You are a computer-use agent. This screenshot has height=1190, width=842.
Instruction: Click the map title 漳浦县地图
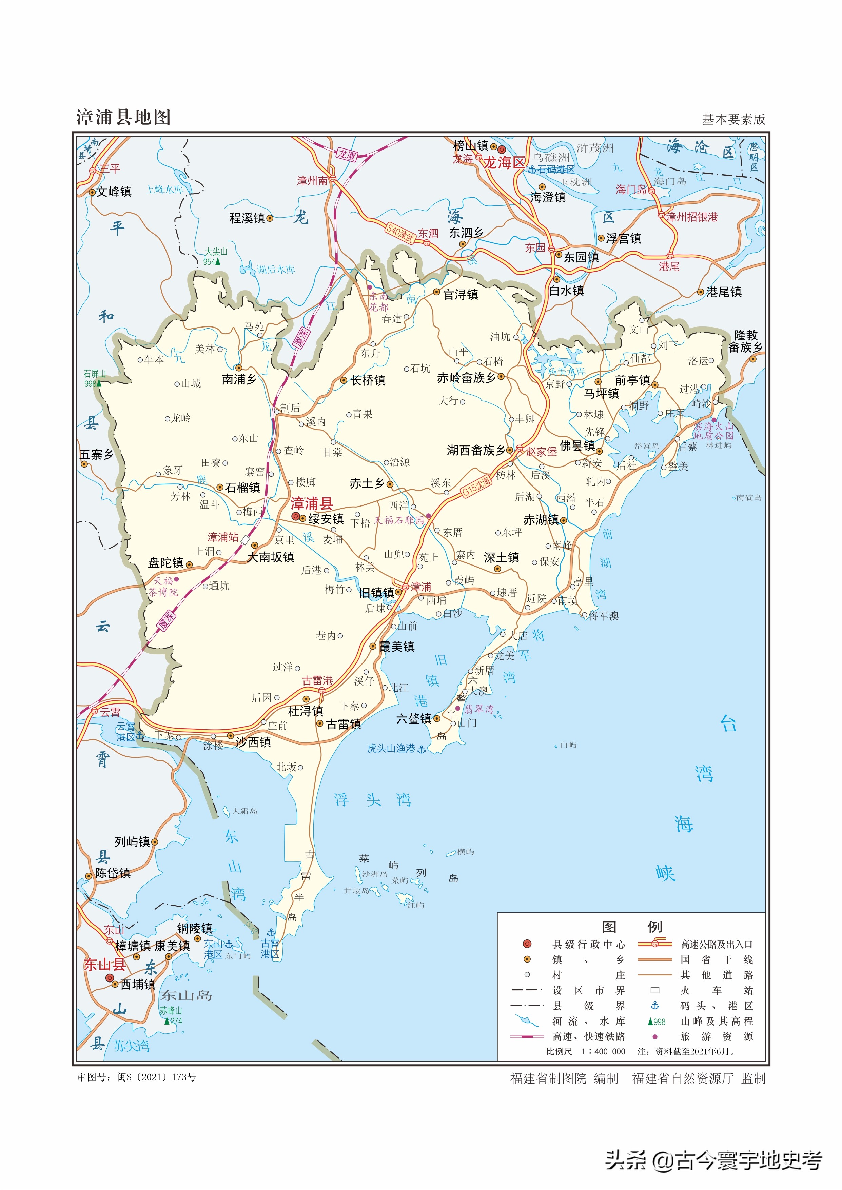[x=123, y=117]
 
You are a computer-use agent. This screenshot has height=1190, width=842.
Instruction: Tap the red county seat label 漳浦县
[x=312, y=503]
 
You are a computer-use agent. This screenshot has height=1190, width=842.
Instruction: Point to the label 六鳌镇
[x=414, y=719]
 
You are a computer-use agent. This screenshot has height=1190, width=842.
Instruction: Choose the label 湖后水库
[x=276, y=270]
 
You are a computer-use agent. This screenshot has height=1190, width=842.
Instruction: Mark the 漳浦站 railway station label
[x=223, y=537]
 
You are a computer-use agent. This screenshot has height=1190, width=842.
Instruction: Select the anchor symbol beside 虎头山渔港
[x=422, y=750]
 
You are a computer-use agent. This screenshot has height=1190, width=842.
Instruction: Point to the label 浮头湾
[x=372, y=800]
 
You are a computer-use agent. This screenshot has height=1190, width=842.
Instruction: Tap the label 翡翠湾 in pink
[x=478, y=709]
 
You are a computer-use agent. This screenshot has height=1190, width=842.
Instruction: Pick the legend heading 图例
[x=631, y=927]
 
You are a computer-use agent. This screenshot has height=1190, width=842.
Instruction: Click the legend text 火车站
[x=717, y=990]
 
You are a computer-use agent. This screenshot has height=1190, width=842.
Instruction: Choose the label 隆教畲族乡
[x=746, y=341]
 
